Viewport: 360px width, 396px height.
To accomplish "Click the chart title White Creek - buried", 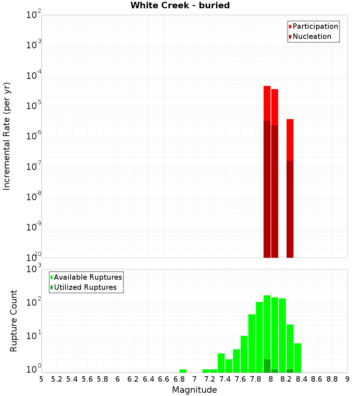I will [180, 5].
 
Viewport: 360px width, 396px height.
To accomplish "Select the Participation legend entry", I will [315, 26].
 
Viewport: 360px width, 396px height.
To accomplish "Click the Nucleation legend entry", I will [311, 36].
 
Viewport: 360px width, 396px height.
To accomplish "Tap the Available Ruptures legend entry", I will [87, 277].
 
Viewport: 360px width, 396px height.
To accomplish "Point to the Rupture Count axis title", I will [14, 320].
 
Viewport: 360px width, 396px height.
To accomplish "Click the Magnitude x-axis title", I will [194, 390].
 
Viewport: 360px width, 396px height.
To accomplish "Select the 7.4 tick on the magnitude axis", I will [225, 379].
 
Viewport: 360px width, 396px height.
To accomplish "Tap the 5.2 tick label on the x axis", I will [57, 379].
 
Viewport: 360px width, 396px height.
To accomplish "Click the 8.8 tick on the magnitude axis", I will [332, 379].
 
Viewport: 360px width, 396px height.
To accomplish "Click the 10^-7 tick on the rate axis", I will [34, 166].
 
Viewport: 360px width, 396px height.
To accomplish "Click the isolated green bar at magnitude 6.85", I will [183, 371].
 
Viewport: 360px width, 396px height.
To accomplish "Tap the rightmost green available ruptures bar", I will [298, 358].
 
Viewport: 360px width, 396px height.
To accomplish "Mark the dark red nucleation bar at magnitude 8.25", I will [290, 209].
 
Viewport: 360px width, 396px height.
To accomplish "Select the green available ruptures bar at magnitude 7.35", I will [221, 363].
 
